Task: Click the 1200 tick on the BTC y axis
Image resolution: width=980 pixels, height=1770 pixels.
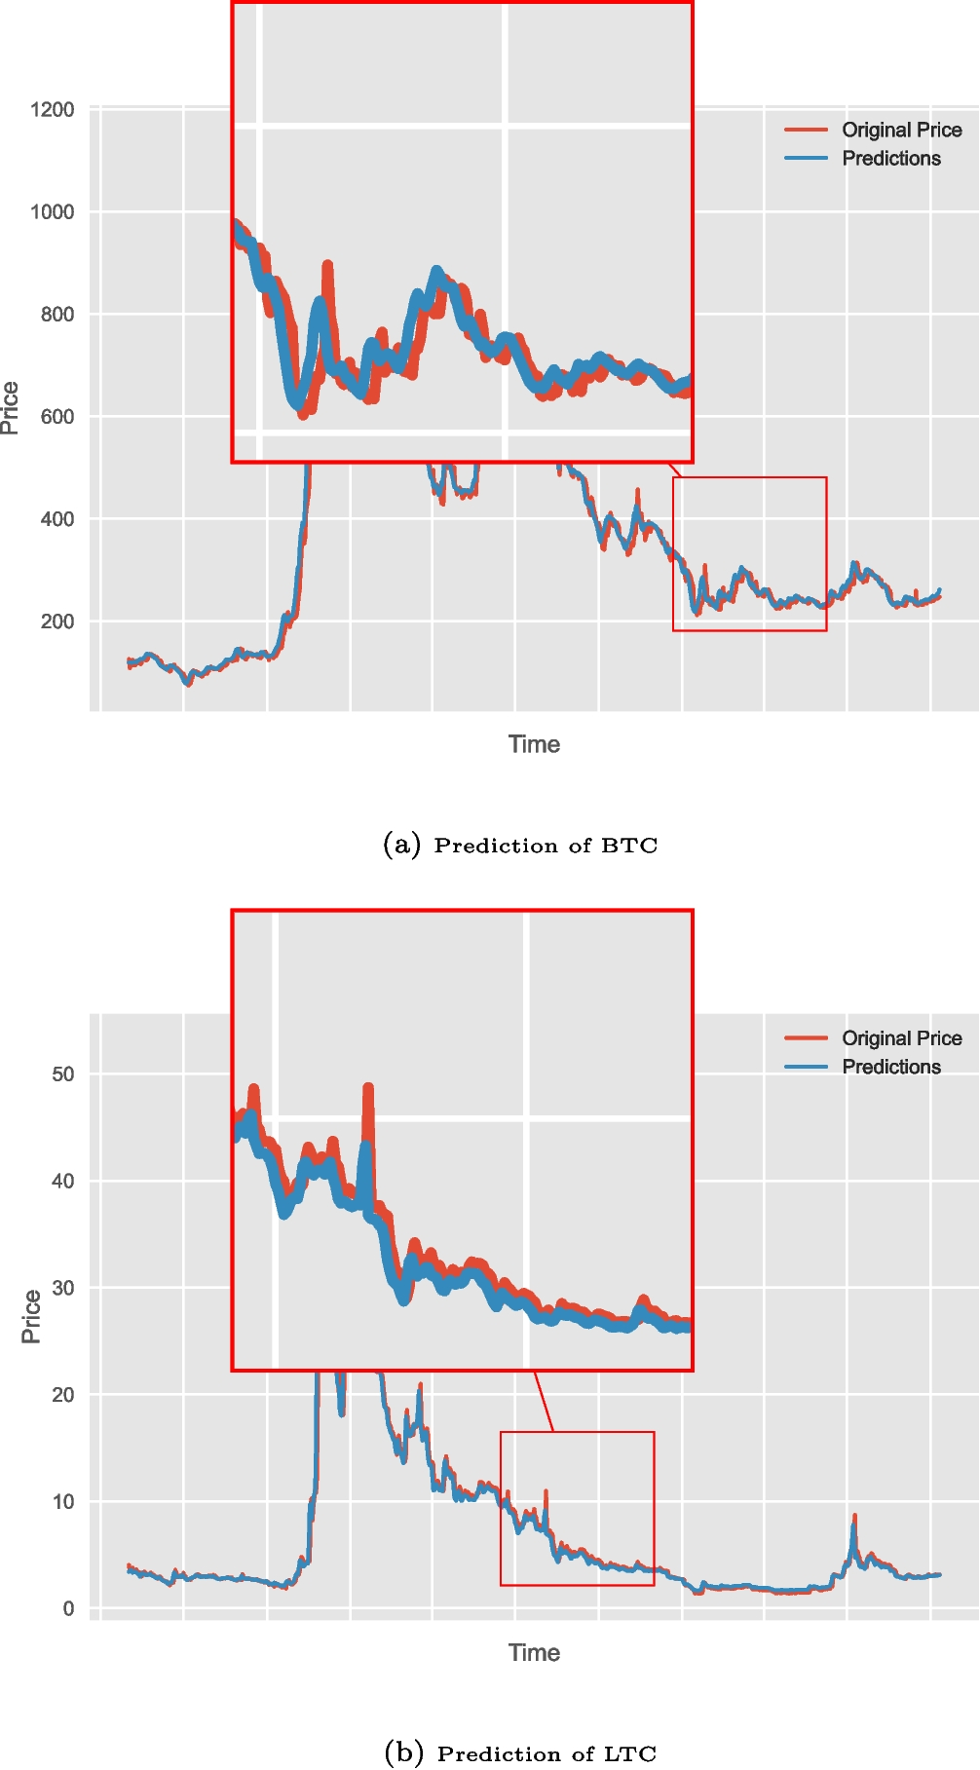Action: click(x=53, y=109)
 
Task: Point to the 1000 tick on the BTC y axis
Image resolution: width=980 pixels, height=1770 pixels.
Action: click(x=53, y=211)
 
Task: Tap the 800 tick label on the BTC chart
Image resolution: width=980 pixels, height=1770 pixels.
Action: click(x=57, y=314)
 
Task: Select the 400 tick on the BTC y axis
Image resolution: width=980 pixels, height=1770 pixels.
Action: click(x=57, y=519)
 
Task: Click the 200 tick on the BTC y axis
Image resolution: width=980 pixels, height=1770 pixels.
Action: click(x=57, y=621)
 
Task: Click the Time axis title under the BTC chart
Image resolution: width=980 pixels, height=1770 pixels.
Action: click(x=534, y=744)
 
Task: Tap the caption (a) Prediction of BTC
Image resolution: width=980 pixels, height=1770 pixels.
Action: click(x=520, y=845)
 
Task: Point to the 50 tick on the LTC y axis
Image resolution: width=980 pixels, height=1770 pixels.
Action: click(x=62, y=1073)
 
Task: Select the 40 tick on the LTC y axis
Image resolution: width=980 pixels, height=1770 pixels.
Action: click(x=62, y=1181)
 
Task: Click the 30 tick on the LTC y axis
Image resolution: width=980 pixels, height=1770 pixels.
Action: click(x=62, y=1288)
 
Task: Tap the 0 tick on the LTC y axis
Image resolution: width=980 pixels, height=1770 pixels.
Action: click(x=68, y=1608)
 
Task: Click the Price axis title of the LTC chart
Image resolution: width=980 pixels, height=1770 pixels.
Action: click(x=31, y=1316)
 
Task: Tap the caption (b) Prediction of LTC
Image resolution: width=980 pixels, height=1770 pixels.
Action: click(x=520, y=1753)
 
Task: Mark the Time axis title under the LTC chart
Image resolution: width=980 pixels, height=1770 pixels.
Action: click(x=534, y=1652)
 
